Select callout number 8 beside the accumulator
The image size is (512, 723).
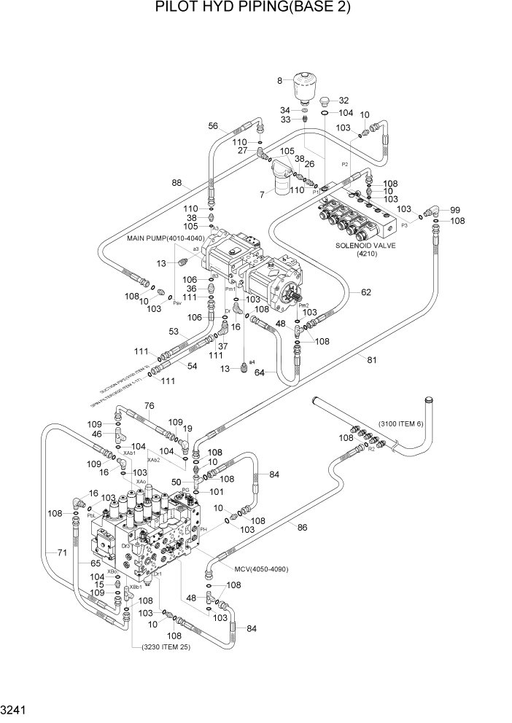point(279,80)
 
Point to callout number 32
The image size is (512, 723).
point(344,101)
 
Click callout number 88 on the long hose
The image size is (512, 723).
point(177,182)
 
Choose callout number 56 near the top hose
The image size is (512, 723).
point(214,126)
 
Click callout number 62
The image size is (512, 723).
point(365,292)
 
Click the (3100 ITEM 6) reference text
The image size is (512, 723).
point(408,425)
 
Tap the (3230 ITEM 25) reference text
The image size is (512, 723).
point(160,646)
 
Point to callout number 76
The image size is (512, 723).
point(149,407)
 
